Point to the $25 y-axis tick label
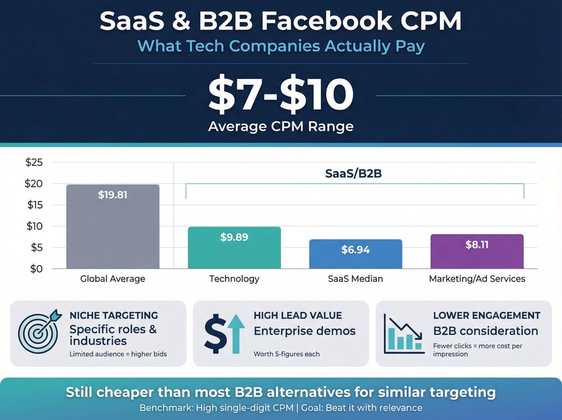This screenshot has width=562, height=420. coord(34,162)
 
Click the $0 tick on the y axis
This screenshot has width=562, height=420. coord(37,269)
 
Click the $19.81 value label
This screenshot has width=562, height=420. coord(113,194)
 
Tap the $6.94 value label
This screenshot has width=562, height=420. coord(355,250)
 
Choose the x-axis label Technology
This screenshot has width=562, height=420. coord(234,279)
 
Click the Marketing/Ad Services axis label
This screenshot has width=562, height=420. coord(477,279)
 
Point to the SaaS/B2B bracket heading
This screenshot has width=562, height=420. coord(355,173)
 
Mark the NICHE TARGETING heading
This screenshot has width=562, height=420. coord(114,316)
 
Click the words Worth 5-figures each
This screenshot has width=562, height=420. coord(286,354)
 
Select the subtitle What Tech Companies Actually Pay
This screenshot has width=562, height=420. coord(280,46)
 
